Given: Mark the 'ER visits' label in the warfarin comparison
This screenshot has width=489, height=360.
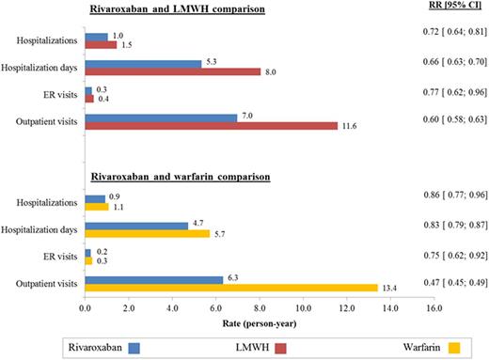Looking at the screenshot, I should point(58,256).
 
